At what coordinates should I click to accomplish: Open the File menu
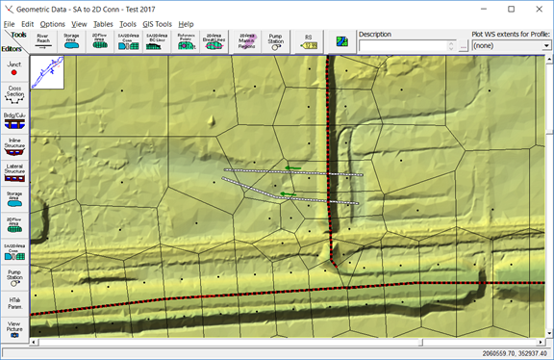pos(9,23)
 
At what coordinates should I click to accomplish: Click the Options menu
pos(53,23)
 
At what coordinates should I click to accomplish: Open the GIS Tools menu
pos(159,23)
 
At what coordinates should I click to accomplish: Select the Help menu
pos(186,23)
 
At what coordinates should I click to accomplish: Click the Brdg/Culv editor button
pos(14,120)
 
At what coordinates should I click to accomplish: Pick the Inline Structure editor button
pos(14,146)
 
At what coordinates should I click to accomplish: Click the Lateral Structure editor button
pos(14,172)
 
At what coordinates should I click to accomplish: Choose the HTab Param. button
pos(14,305)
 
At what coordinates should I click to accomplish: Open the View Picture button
pos(14,329)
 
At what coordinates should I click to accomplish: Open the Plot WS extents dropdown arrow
pos(545,45)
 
